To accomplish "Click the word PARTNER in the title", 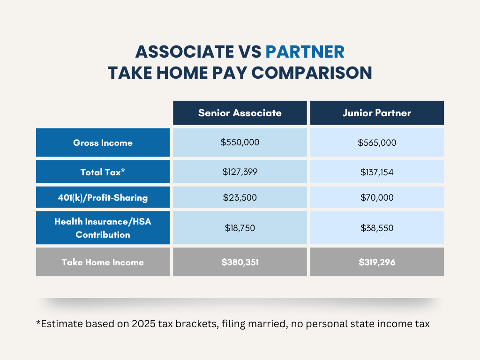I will [x=305, y=51].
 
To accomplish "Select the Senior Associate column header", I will [x=240, y=113].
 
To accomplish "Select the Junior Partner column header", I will [x=377, y=113].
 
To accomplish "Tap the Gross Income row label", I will [x=103, y=142].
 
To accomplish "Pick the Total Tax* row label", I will [x=103, y=172].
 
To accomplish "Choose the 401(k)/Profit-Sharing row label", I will [x=103, y=197].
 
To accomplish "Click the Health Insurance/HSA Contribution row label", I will [x=103, y=228].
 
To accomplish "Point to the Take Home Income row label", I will [x=103, y=262].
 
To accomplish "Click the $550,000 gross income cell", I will [x=240, y=142].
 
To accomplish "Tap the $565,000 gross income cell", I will [x=377, y=142].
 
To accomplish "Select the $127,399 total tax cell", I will [x=240, y=172].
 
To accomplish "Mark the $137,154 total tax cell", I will [x=377, y=172].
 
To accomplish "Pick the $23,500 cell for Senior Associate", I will [x=240, y=197].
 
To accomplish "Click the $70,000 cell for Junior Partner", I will [x=377, y=197].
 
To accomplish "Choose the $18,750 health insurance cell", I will [x=240, y=228].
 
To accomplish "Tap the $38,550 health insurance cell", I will [x=377, y=228].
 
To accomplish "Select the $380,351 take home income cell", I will [x=240, y=262].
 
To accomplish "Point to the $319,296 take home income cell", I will [x=377, y=262].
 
